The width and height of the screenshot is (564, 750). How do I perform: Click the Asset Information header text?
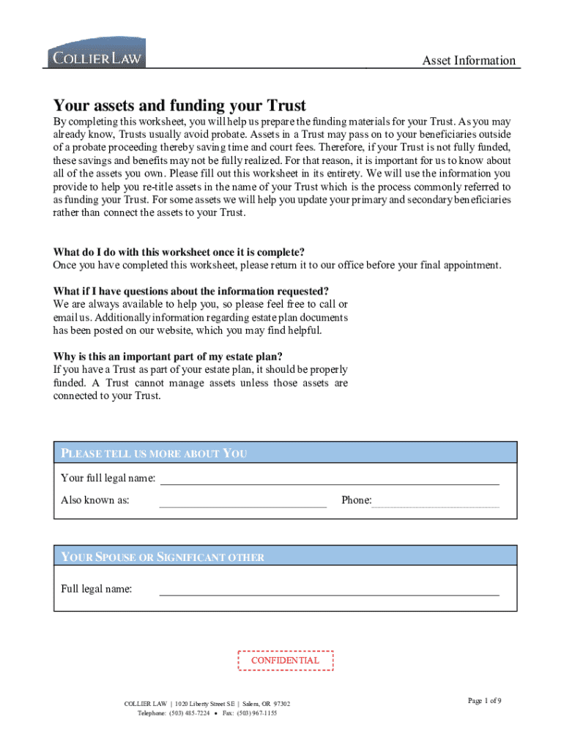[469, 61]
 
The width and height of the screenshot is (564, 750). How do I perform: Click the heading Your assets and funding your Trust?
[179, 105]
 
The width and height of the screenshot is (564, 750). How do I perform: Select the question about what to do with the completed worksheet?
[179, 253]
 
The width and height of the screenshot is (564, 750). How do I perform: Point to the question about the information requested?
[191, 292]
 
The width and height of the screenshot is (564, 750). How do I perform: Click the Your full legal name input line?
[330, 480]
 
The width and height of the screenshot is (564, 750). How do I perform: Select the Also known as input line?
[243, 502]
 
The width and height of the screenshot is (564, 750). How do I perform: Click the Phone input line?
[436, 502]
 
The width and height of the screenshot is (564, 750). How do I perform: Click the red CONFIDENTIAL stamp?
[286, 661]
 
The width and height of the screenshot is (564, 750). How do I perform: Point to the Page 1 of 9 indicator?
[485, 701]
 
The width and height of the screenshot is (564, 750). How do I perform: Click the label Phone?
[357, 500]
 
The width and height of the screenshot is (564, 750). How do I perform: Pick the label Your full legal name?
[108, 478]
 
